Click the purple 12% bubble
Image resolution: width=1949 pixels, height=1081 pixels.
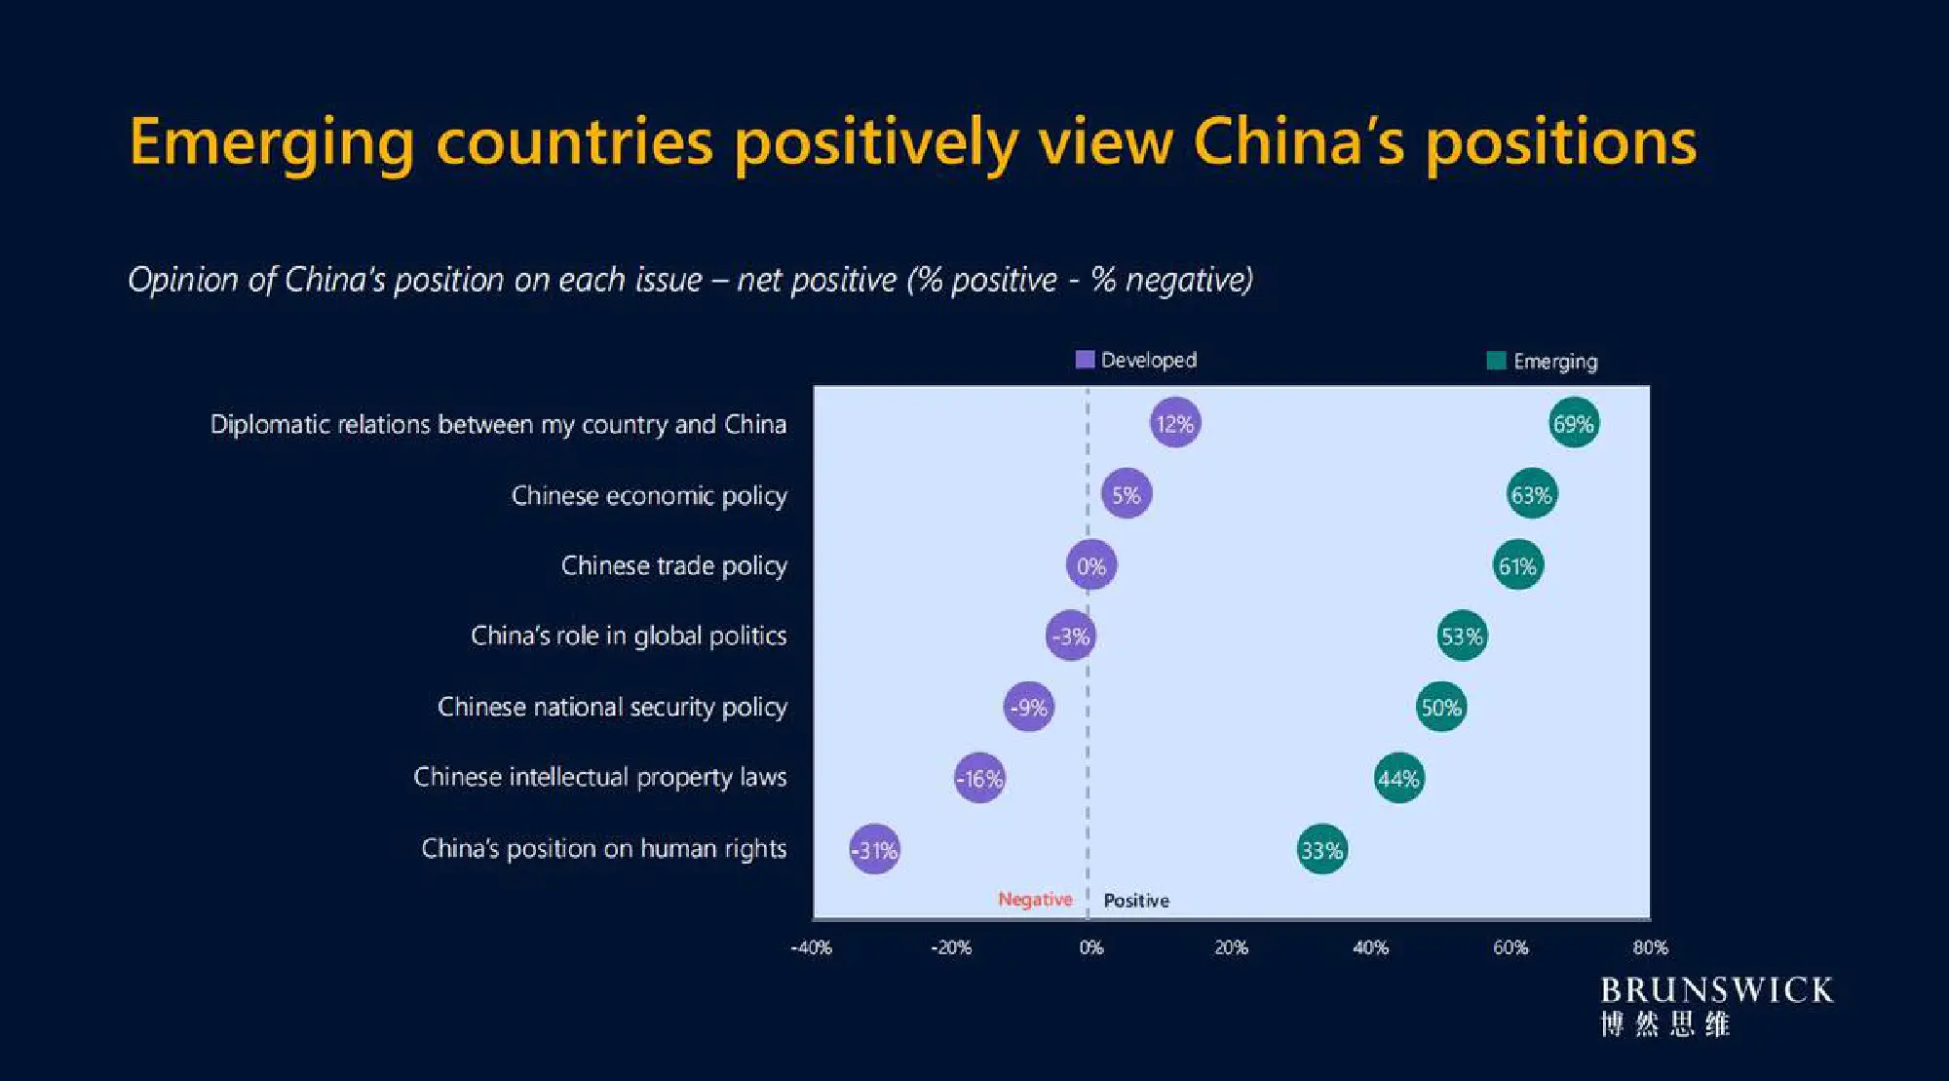1174,423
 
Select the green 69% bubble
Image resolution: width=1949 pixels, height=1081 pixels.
1573,423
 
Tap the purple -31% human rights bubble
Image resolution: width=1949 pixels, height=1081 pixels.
874,850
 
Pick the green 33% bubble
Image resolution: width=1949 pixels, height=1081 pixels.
1321,850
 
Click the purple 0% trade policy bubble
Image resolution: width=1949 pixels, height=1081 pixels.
1090,565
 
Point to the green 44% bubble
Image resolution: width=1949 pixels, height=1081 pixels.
1398,778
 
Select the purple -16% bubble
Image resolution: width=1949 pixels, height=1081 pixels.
979,778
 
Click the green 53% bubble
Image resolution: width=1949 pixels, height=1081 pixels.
1462,636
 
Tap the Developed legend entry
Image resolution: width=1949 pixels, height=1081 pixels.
1136,360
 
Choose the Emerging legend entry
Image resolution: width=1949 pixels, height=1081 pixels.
1543,362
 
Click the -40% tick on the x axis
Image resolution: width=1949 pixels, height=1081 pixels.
811,947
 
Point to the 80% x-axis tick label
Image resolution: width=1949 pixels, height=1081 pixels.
1650,947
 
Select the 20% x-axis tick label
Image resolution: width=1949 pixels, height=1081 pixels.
1231,947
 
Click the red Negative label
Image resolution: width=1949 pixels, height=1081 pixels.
1034,899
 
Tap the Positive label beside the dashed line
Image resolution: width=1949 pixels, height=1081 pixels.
1136,901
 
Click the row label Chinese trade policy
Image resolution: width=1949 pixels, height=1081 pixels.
673,565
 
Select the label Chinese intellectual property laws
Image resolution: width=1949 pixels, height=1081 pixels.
599,777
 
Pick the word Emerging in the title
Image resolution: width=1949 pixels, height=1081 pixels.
272,142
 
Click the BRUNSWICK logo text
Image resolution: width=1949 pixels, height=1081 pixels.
1716,990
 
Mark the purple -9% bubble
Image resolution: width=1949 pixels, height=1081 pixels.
1028,707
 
